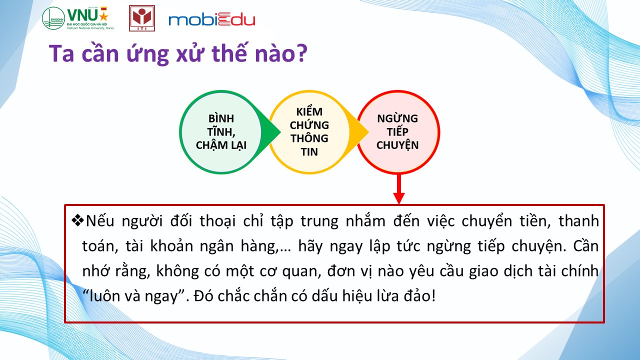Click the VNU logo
(x=78, y=18)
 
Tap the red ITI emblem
(x=142, y=18)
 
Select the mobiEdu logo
(x=211, y=19)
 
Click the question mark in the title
(x=301, y=53)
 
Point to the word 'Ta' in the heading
(x=61, y=53)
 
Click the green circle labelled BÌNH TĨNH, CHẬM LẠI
(x=221, y=132)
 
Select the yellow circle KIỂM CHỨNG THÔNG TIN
(x=309, y=132)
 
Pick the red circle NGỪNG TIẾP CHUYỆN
(x=398, y=132)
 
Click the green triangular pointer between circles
(x=270, y=132)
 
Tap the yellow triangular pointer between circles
(x=358, y=132)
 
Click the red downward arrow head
(x=399, y=198)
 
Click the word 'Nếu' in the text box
(x=100, y=221)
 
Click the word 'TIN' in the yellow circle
(x=309, y=151)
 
